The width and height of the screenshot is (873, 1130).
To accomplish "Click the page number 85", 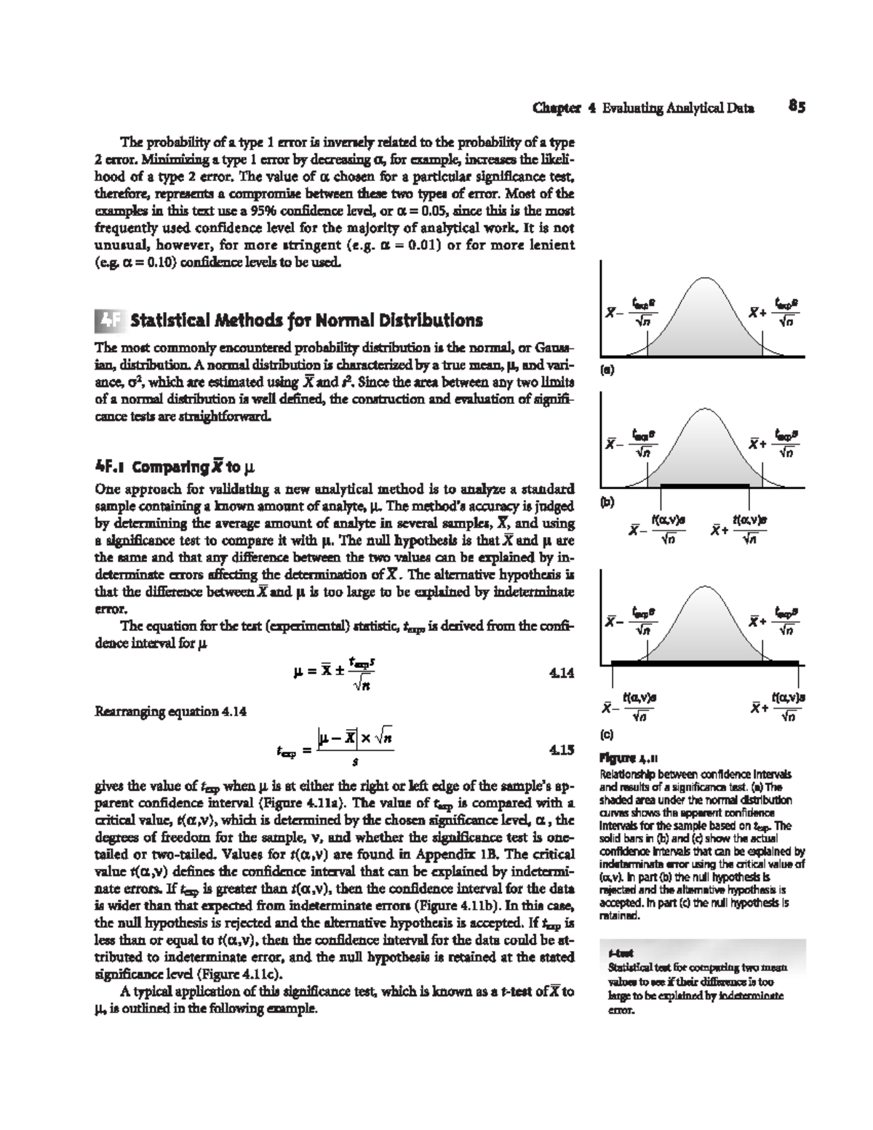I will pyautogui.click(x=797, y=108).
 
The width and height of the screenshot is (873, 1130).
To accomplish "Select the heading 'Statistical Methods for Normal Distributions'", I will pyautogui.click(x=306, y=320).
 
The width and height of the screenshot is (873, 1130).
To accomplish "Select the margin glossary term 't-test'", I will pyautogui.click(x=618, y=954).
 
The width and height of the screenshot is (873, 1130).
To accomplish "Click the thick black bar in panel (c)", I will pyautogui.click(x=704, y=662).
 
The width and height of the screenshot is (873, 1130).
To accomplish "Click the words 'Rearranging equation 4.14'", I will pyautogui.click(x=171, y=711).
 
